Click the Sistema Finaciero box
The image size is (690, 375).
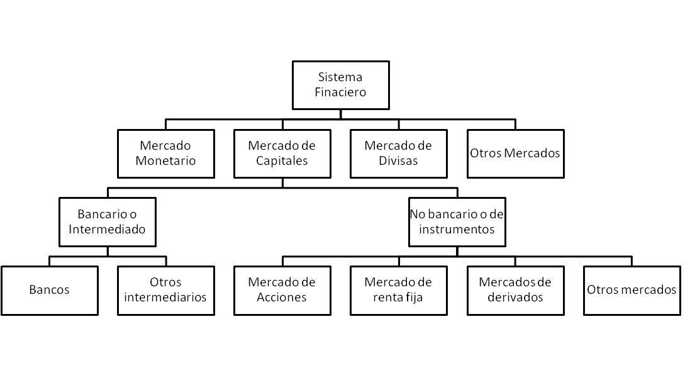[x=340, y=85]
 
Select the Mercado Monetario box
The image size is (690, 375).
[x=165, y=154]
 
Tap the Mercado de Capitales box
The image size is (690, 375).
[x=282, y=154]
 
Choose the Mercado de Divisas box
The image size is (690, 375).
[x=398, y=154]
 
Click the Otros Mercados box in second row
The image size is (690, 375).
[x=515, y=154]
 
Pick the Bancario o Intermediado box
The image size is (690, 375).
[x=107, y=221]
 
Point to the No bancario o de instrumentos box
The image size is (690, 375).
[x=457, y=221]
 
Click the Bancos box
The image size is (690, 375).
[x=49, y=290]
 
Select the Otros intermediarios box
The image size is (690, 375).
[x=165, y=290]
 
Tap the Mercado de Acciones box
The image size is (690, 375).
[x=282, y=290]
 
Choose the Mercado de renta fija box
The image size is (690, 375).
[x=398, y=290]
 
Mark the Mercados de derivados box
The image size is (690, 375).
[x=515, y=290]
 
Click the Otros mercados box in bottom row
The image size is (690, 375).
[x=632, y=290]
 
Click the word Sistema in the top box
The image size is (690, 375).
[x=340, y=77]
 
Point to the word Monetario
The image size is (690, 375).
[x=165, y=161]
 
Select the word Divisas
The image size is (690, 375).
[x=398, y=161]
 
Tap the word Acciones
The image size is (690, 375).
[x=282, y=298]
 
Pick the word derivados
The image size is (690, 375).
[x=515, y=298]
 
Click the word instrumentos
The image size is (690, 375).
[x=457, y=229]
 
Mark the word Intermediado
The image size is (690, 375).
[x=107, y=229]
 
